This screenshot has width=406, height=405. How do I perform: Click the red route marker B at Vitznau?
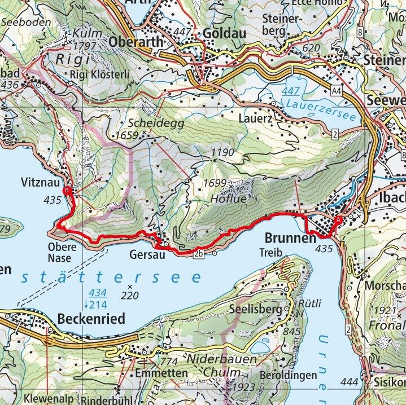tap(67, 191)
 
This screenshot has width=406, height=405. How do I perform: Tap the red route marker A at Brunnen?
tap(339, 220)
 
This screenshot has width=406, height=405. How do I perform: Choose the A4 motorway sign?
tap(337, 89)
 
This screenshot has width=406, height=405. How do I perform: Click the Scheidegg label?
tap(148, 123)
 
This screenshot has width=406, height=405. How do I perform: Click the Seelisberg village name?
tap(257, 310)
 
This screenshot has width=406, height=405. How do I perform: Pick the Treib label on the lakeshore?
tap(270, 253)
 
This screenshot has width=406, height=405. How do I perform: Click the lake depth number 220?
tap(129, 294)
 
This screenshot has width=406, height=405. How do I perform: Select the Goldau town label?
tap(225, 33)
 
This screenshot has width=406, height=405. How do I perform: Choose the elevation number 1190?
tap(222, 152)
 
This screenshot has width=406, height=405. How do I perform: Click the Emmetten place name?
tap(153, 373)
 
